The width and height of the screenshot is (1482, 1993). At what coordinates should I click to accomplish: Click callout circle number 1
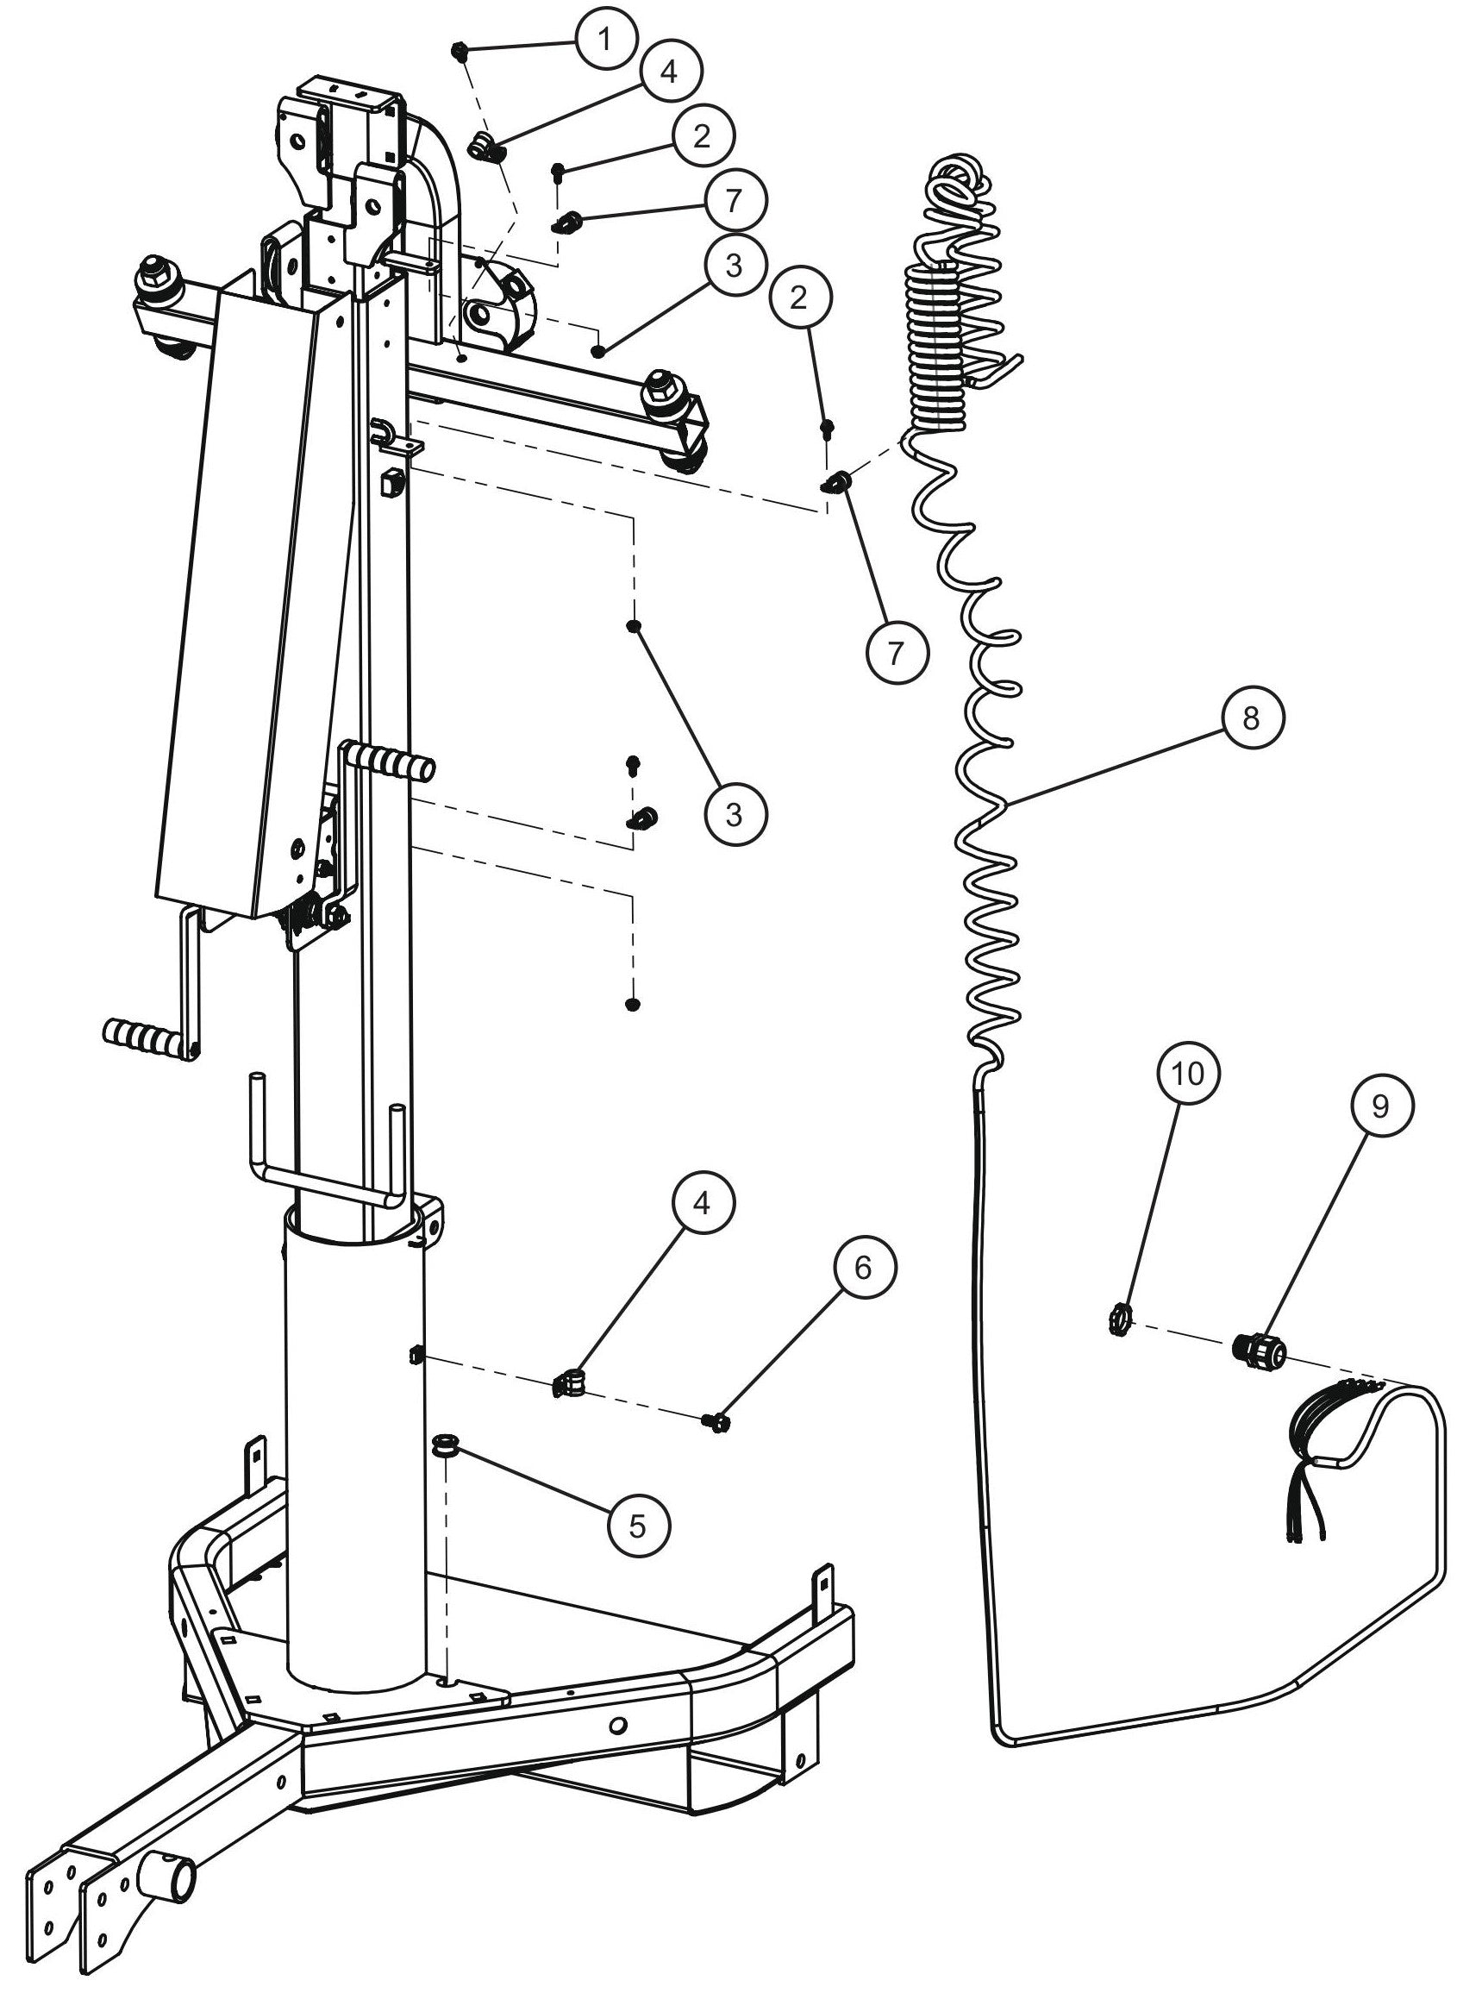[x=604, y=40]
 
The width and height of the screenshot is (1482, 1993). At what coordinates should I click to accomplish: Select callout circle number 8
[x=1252, y=717]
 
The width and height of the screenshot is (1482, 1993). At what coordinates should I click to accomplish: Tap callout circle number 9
[x=1379, y=1106]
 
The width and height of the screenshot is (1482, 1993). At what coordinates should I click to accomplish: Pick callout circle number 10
[x=1188, y=1073]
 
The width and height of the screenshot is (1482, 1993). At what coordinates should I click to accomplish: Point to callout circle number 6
[x=863, y=1267]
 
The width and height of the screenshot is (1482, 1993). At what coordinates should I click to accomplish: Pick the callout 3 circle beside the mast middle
[x=733, y=814]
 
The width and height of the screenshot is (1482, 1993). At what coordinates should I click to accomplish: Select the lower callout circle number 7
[x=897, y=652]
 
